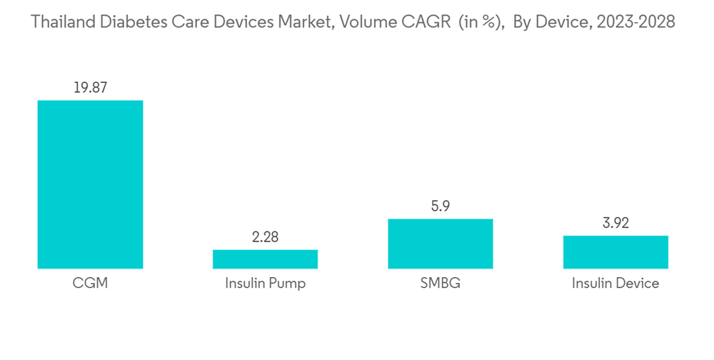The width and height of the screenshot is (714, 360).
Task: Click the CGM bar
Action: [90, 184]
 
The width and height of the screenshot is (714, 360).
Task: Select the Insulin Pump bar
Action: [265, 259]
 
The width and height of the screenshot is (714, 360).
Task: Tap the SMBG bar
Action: [441, 244]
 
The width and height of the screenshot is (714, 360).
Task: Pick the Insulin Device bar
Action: [615, 252]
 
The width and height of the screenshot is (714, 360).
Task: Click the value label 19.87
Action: [90, 88]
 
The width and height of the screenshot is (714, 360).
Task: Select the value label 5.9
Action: [441, 206]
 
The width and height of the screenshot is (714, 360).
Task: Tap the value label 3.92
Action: [615, 224]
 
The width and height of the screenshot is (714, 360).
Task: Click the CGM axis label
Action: [90, 284]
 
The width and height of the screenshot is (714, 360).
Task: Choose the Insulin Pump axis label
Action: [265, 284]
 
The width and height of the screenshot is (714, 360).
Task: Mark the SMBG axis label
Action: [441, 284]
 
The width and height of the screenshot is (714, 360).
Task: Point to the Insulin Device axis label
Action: [615, 284]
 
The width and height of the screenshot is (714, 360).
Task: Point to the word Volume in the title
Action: [362, 22]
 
